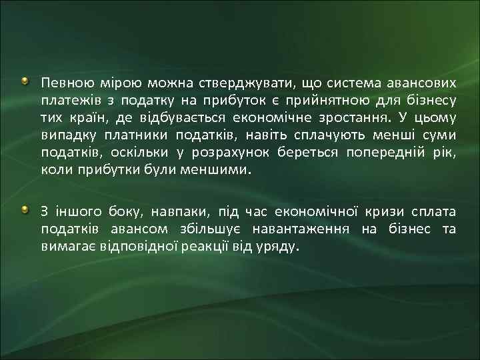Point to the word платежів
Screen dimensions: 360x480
point(65,101)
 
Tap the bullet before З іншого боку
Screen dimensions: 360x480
point(25,211)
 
